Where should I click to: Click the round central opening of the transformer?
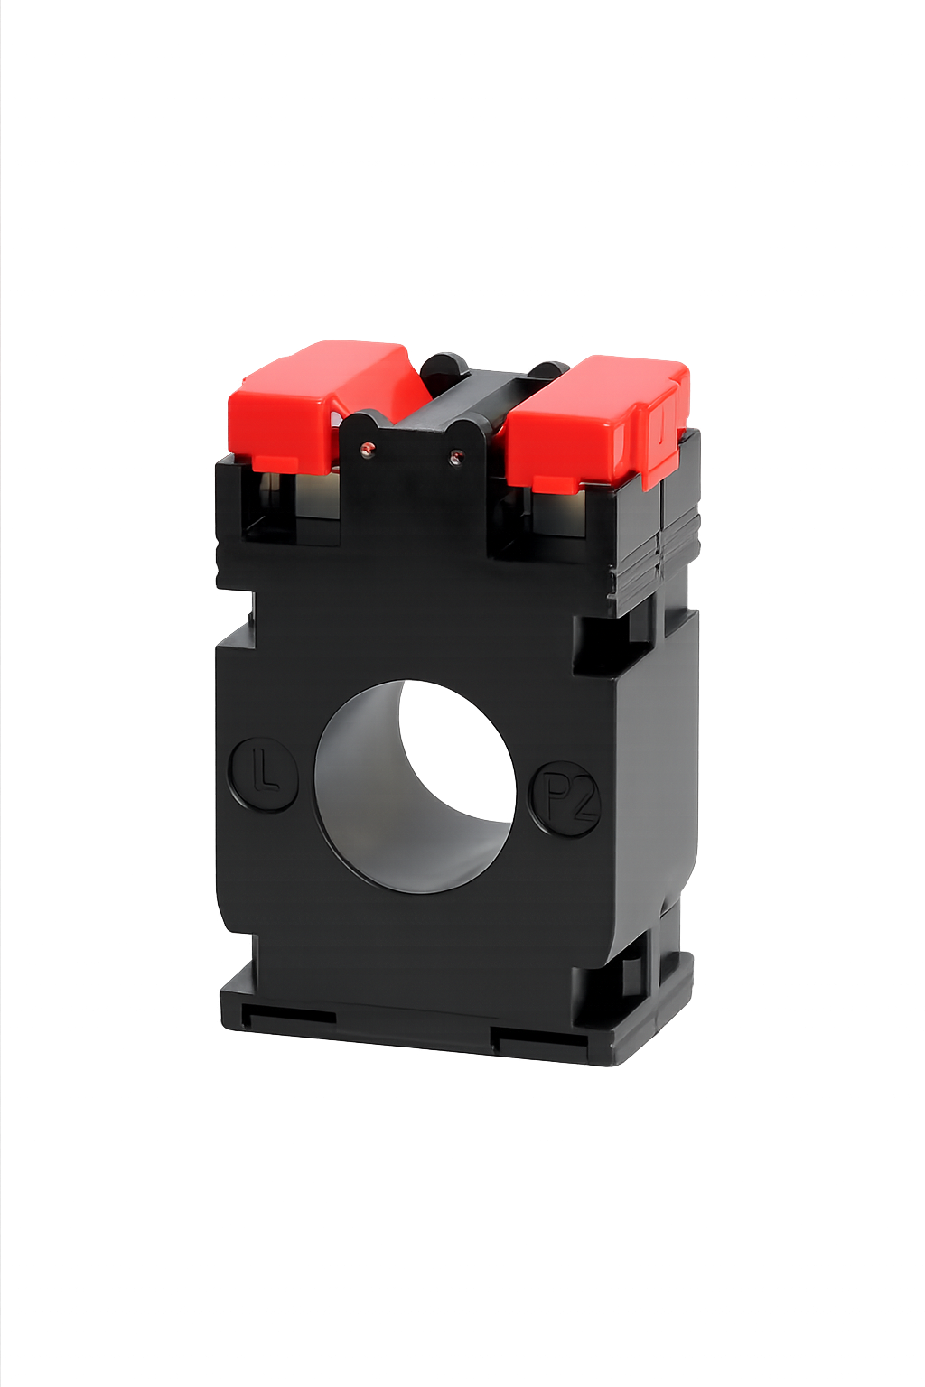coord(415,786)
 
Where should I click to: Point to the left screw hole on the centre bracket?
coord(366,448)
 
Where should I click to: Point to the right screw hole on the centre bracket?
coord(454,458)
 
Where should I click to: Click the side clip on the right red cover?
coord(661,429)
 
